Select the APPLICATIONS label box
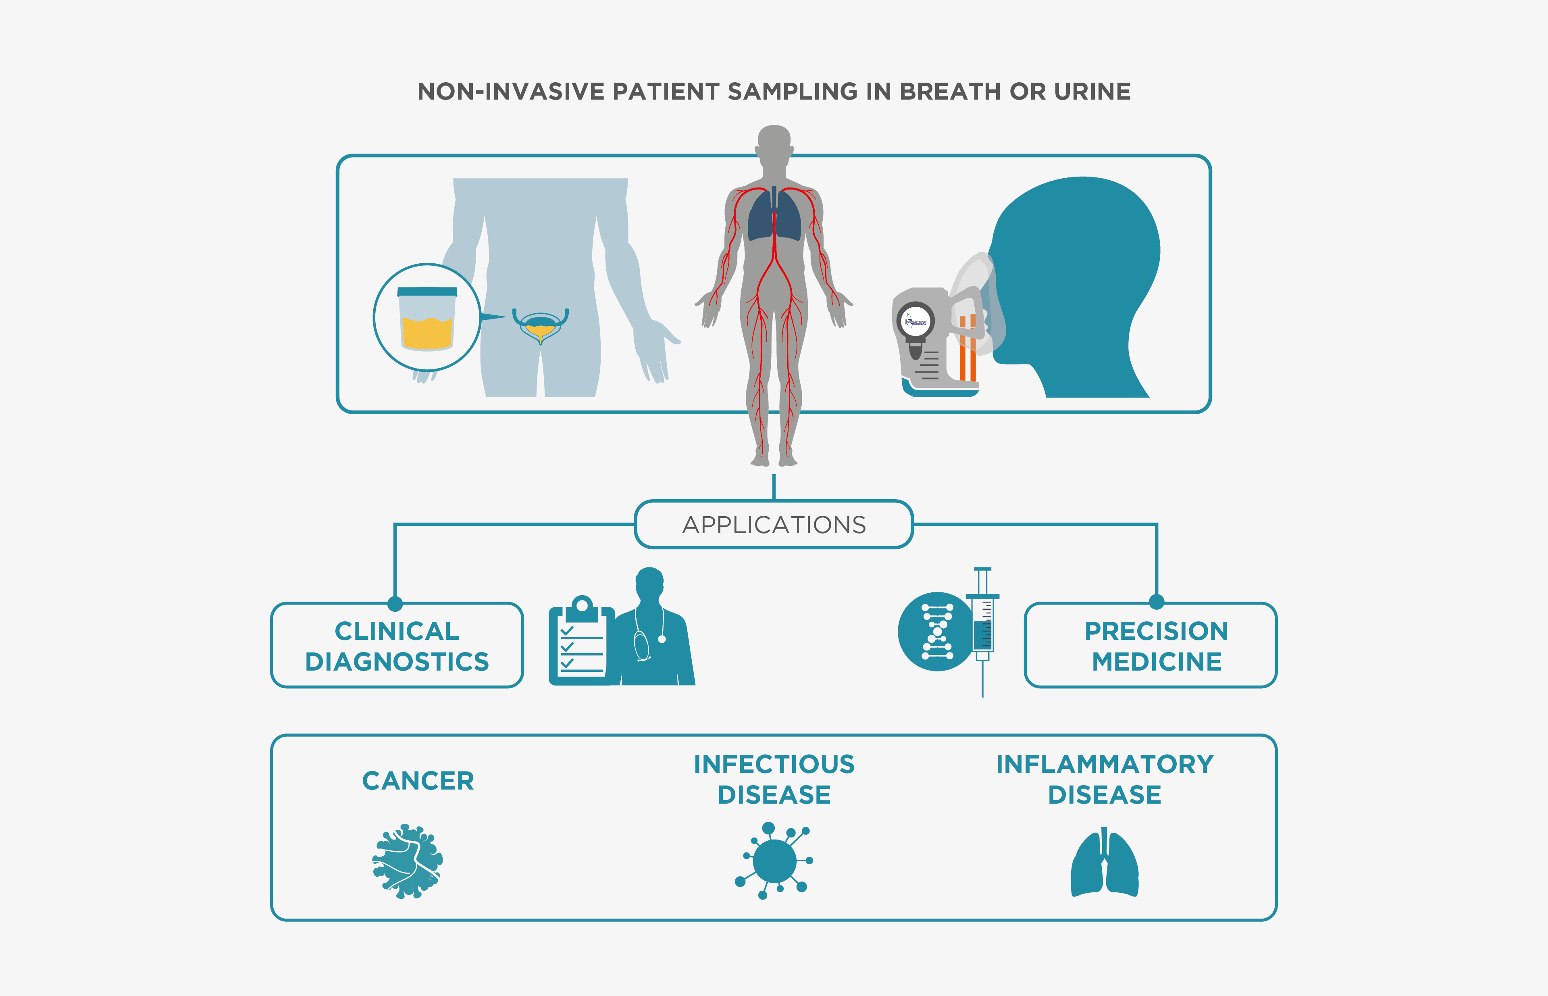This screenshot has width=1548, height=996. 774,525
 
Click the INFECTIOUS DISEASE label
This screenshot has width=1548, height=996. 774,779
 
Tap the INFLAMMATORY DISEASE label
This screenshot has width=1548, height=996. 1105,779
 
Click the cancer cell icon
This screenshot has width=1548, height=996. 408,861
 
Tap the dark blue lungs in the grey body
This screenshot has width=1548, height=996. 774,215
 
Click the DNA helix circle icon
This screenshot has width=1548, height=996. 937,631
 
